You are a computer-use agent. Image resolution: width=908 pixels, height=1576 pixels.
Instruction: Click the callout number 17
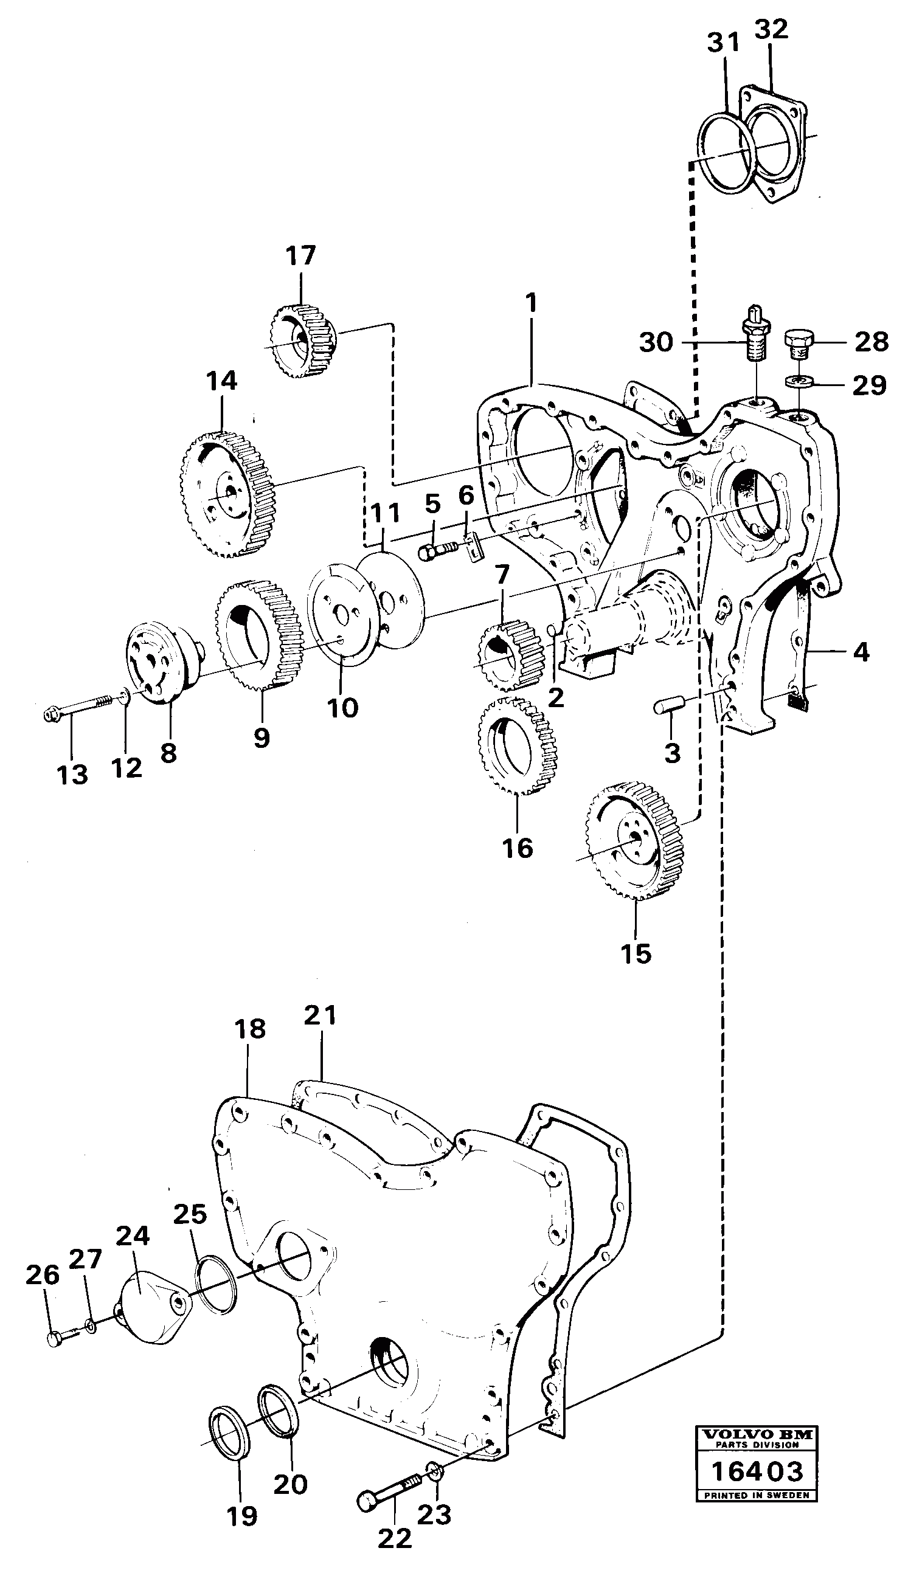click(300, 255)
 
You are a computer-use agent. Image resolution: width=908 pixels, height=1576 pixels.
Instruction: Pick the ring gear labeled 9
click(260, 634)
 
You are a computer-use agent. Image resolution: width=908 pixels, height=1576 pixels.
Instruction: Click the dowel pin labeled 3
click(668, 706)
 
